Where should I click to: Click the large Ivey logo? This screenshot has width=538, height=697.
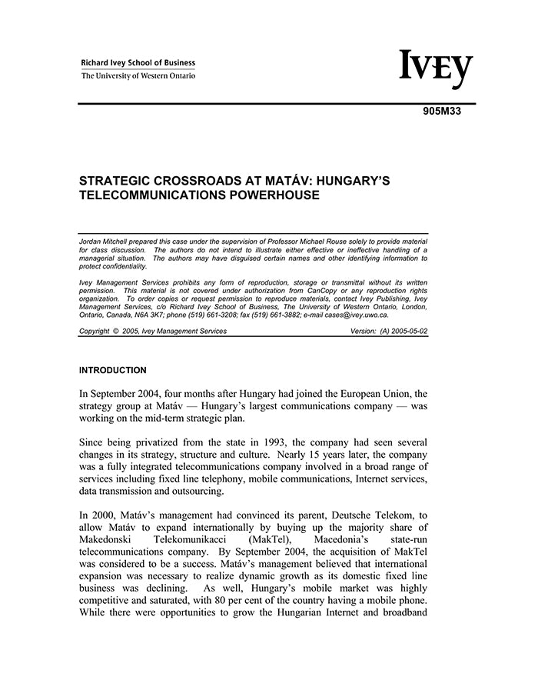436,70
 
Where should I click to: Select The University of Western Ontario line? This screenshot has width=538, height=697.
138,76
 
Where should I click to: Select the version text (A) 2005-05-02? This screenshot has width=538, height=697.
401,332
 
